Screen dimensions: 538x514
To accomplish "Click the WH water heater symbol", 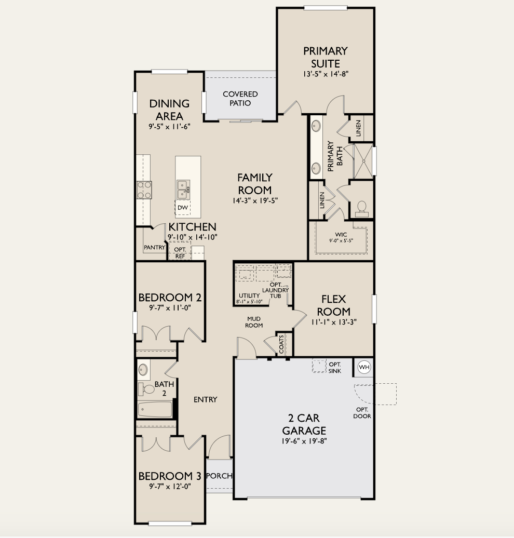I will (364, 368).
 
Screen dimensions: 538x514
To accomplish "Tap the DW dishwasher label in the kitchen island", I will (182, 208).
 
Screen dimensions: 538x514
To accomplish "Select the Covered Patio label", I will (240, 98).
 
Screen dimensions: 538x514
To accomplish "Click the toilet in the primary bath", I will (361, 208).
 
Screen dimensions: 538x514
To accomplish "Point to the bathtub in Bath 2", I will (155, 409).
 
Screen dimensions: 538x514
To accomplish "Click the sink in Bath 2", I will (144, 370).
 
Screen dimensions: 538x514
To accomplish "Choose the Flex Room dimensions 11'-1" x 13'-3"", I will (333, 322).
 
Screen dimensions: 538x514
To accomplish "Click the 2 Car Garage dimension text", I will (304, 441).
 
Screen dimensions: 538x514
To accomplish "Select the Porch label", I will (219, 476).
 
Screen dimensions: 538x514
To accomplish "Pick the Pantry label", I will (154, 248).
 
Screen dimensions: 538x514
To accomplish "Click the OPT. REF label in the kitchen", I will (180, 252).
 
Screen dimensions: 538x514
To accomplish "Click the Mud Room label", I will (254, 322).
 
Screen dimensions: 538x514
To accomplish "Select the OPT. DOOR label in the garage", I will (362, 413).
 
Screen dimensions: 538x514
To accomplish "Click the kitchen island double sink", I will (183, 189).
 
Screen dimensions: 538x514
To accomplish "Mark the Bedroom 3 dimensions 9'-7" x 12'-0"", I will (169, 487).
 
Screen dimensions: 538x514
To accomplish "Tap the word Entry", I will (205, 399).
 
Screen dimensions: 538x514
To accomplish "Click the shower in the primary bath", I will (362, 162).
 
